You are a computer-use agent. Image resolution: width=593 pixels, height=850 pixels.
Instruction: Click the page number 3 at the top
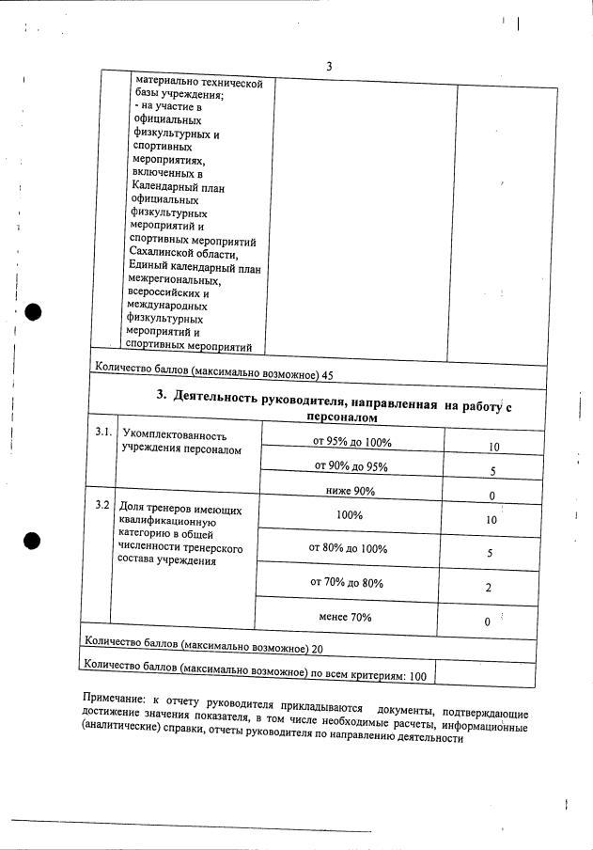pos(329,66)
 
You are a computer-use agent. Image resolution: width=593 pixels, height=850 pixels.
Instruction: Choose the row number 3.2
pos(103,505)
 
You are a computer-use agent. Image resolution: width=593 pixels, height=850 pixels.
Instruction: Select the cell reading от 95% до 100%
pos(351,442)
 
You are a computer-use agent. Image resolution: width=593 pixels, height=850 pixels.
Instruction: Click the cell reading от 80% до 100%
pos(348,548)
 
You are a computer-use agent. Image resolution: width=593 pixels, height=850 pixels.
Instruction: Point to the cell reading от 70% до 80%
pos(347,583)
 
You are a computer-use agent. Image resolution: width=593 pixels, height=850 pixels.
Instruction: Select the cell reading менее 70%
pos(345,618)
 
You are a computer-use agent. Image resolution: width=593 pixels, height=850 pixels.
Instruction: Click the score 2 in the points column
pos(491,588)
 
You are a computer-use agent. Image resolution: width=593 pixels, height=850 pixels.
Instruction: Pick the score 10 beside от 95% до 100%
pos(494,448)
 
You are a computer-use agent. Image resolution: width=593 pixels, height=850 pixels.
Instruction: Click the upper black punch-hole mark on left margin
pos(34,312)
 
